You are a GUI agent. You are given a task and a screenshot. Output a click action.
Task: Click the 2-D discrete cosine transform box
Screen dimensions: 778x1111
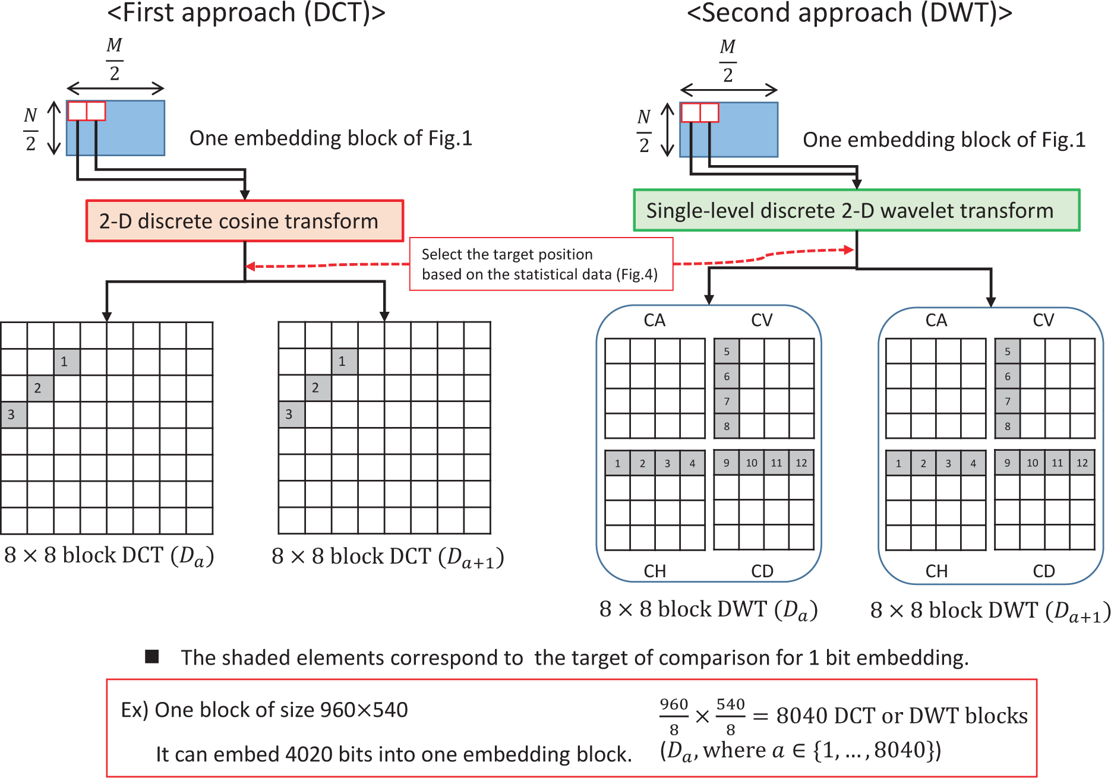245,221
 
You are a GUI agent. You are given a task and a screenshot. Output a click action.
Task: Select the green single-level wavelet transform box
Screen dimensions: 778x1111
856,210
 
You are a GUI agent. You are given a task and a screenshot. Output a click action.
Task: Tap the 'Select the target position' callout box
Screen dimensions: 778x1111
541,264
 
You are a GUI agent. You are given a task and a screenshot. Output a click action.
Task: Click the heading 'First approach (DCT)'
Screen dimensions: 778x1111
246,13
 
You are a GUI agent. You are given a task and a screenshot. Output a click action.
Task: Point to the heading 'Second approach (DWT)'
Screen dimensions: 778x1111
849,13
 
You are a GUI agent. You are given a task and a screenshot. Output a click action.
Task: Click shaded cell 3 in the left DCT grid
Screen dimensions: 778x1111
13,415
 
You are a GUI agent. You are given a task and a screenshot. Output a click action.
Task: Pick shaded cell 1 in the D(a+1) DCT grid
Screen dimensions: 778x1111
344,361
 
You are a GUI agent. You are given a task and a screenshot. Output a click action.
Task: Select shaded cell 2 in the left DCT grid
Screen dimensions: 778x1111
40,388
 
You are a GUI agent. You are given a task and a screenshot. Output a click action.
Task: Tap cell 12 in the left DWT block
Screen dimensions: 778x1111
801,463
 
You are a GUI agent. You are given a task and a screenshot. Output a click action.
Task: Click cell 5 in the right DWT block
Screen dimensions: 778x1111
1008,352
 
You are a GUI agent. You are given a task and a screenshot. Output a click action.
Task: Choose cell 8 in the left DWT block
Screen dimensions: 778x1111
727,426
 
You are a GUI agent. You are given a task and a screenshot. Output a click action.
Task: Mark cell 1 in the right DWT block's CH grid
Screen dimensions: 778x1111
898,463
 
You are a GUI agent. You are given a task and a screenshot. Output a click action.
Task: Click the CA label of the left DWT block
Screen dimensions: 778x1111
655,321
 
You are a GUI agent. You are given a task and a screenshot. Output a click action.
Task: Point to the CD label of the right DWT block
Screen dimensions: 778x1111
1044,571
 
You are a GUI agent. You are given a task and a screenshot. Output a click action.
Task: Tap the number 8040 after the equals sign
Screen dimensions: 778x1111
803,716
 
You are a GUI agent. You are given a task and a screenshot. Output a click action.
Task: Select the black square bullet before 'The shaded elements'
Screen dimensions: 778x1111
152,656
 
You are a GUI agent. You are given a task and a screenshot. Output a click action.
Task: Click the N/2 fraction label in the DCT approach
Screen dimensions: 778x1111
31,129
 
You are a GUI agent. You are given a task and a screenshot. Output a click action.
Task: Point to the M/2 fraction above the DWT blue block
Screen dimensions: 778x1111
728,61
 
